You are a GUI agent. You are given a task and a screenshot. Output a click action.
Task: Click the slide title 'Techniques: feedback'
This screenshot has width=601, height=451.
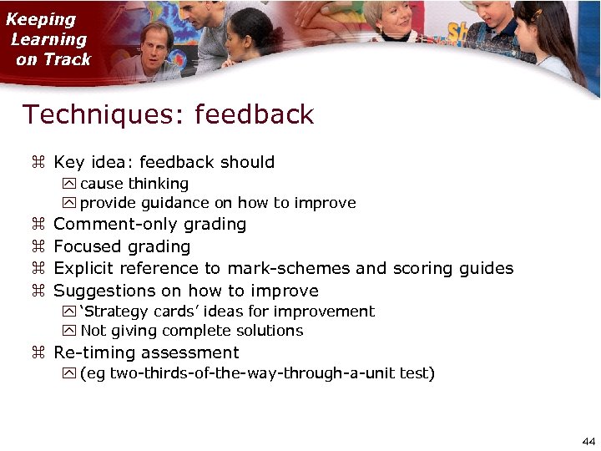(168, 114)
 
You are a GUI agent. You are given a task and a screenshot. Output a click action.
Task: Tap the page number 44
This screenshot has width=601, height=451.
(588, 441)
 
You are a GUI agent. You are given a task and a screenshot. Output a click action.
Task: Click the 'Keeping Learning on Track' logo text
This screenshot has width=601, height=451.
(48, 39)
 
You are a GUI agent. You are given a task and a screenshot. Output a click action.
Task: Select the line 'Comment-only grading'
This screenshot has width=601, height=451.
(149, 225)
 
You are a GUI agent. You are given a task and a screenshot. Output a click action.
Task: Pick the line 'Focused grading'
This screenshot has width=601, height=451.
(122, 247)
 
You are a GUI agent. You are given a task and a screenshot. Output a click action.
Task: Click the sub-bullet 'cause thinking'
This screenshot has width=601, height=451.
(134, 184)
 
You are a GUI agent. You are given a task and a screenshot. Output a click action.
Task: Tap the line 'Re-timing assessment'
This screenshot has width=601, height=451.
(146, 353)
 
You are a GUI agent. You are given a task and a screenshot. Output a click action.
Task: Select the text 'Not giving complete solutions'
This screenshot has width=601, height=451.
(191, 331)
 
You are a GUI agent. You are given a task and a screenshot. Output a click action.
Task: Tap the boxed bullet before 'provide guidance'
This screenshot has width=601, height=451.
(69, 203)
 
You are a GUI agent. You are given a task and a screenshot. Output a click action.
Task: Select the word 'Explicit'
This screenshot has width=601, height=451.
(83, 269)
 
